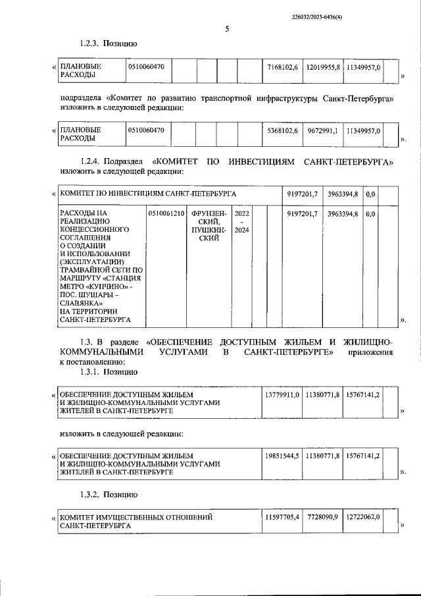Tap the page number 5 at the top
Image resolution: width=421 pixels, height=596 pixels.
(x=227, y=29)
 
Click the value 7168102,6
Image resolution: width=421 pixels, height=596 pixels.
(x=283, y=67)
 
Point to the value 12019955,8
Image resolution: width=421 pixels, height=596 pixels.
(x=323, y=67)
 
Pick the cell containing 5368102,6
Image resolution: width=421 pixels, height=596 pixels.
(x=283, y=131)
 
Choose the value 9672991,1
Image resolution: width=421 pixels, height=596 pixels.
(x=323, y=131)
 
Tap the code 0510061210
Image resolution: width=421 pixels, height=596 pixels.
(x=166, y=214)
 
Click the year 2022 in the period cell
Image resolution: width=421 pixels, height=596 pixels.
(x=241, y=214)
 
